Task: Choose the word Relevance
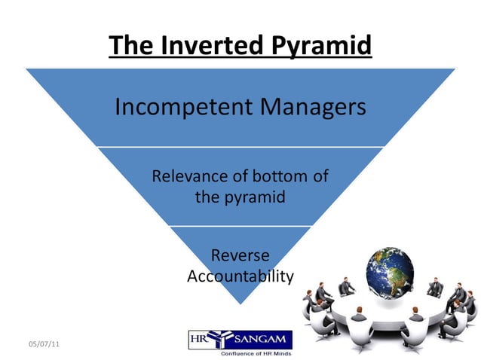click(188, 178)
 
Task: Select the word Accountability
click(240, 276)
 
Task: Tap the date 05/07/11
click(43, 344)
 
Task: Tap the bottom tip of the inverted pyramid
click(240, 302)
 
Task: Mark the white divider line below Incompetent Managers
click(240, 147)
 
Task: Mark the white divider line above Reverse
click(240, 226)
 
